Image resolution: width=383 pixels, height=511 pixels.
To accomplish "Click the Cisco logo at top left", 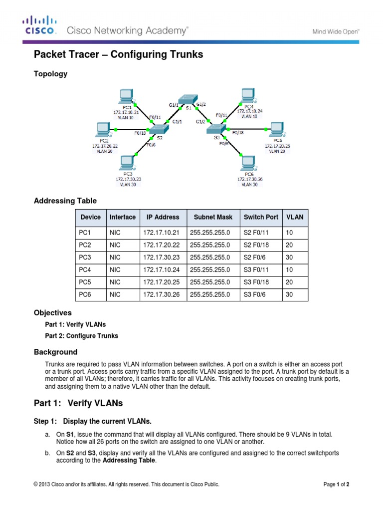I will point(39,25).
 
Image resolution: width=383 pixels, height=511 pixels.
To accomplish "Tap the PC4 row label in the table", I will point(85,270).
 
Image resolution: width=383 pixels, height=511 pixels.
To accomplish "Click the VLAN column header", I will point(295,217).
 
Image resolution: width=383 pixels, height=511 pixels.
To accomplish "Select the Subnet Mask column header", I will point(212,217).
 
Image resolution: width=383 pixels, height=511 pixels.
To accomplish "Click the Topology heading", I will point(50,74).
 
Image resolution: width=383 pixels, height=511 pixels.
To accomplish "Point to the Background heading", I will point(55,352).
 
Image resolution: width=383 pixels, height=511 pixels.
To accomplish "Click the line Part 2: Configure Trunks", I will point(82,336).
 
